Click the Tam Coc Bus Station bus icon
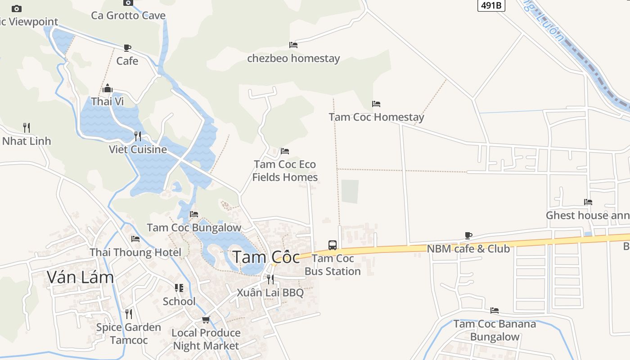pos(333,245)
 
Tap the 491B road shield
pos(491,5)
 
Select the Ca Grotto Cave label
pos(128,15)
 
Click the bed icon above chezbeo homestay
pos(293,45)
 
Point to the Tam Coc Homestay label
pos(376,117)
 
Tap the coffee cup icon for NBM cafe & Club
pos(468,235)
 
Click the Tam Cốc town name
pos(266,257)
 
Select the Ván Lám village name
pos(80,277)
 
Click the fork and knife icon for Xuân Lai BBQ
pos(270,279)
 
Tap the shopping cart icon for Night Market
pos(206,319)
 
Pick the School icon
pos(179,288)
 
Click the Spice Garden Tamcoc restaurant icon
pos(129,314)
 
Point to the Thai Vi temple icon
pos(108,88)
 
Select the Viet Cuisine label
pos(138,149)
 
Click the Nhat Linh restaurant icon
pos(27,128)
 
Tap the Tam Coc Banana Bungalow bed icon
pos(495,310)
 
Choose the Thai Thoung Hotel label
pos(135,252)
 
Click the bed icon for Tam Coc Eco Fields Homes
pos(285,151)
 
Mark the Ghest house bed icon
pos(588,202)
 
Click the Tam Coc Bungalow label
pos(194,228)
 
